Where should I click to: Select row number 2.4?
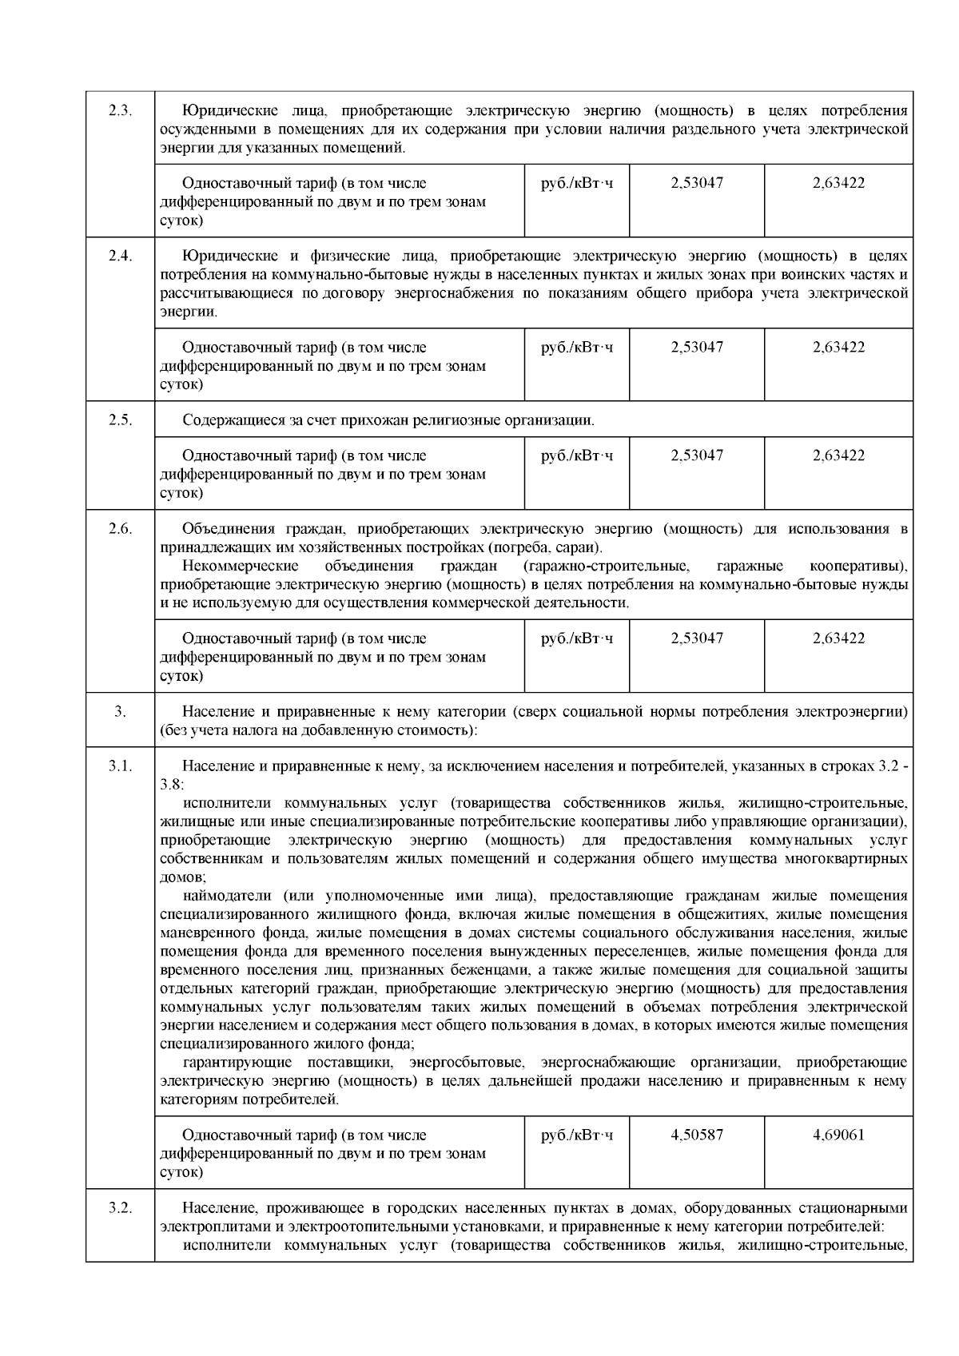coord(120,256)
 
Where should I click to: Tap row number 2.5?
coord(120,420)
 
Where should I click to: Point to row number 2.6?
coord(120,529)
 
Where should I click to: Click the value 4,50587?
coord(697,1135)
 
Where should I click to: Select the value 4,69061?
coord(838,1135)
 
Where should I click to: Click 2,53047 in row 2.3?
coord(697,183)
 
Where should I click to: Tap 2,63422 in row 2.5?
coord(838,455)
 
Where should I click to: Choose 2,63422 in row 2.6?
coord(838,638)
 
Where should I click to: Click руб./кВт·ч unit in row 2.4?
coord(577,348)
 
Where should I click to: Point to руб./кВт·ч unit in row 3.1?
coord(577,1135)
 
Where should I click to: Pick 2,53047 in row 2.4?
coord(697,348)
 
